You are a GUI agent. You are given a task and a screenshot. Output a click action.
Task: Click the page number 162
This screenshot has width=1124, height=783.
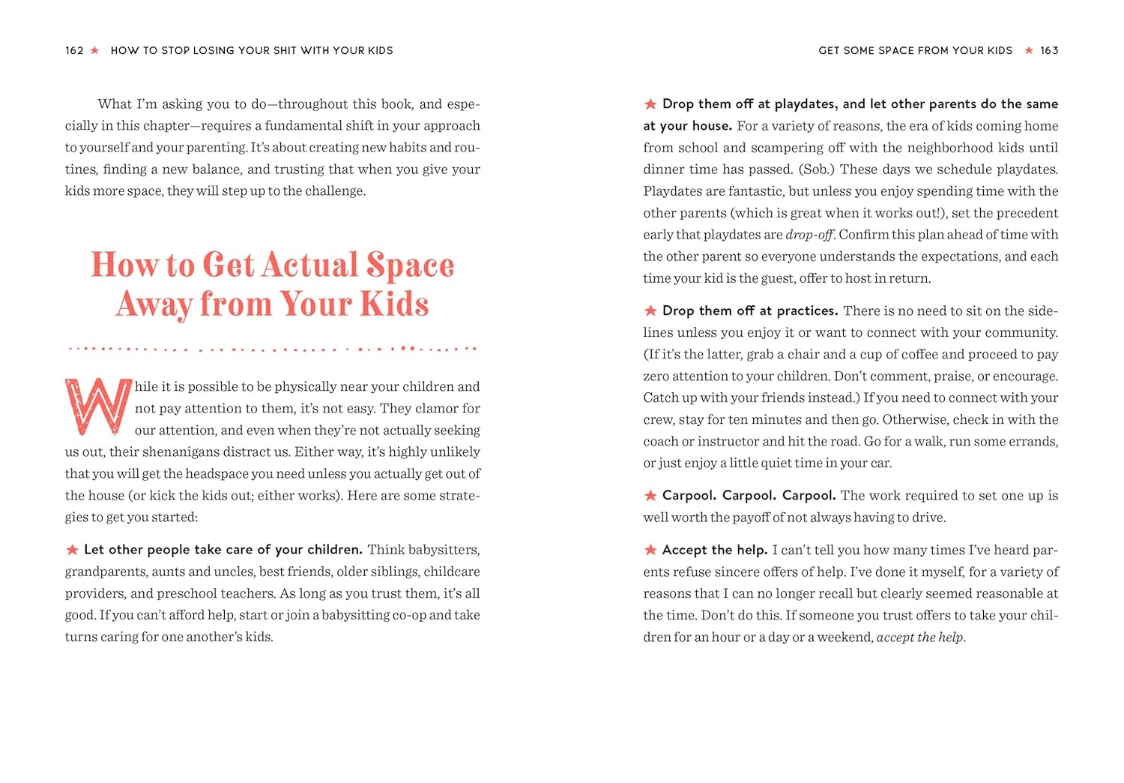pos(74,50)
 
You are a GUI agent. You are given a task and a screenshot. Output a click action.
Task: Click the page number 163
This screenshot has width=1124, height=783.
pos(1049,50)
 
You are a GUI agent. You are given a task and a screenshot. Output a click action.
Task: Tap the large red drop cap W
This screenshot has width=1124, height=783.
pos(98,406)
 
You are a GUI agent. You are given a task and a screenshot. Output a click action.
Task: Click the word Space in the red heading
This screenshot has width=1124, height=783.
pos(410,265)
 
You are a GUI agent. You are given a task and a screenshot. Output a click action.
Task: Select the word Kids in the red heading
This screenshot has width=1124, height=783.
pos(394,304)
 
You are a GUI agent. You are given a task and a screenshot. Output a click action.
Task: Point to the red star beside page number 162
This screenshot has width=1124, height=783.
pos(94,50)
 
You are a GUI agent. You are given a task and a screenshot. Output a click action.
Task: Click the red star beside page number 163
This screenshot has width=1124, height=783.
pos(1029,50)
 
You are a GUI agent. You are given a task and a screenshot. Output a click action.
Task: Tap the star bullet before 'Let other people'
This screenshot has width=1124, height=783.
pos(72,550)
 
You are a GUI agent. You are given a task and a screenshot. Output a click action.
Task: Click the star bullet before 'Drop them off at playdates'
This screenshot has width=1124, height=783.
pos(650,104)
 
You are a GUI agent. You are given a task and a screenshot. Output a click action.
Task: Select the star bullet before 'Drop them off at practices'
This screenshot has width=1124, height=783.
pos(650,310)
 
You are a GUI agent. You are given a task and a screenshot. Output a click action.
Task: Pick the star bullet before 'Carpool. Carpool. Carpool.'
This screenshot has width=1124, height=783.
pos(650,496)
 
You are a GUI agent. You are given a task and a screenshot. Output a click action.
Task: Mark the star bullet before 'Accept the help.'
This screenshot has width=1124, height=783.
pos(650,550)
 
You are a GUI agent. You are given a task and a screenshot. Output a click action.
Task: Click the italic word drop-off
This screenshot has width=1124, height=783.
pos(809,235)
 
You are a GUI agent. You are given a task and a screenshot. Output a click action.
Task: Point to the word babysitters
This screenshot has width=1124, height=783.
pos(443,550)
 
